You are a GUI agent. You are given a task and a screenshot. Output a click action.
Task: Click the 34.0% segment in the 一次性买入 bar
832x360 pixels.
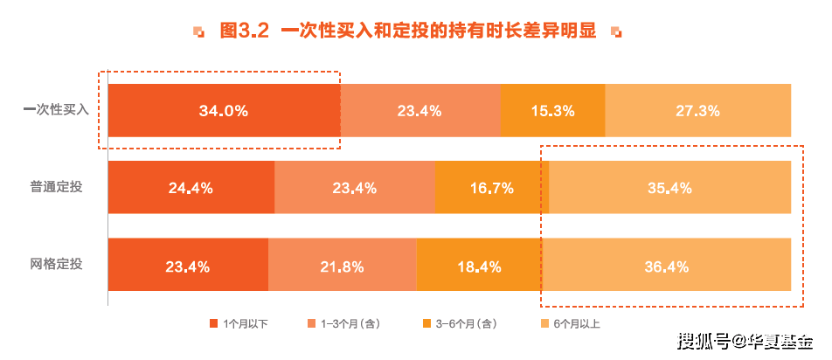(x=224, y=111)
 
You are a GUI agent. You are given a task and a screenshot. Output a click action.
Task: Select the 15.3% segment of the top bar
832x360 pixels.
(x=552, y=111)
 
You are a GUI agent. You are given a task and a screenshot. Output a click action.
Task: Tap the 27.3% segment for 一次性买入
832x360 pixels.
(x=697, y=111)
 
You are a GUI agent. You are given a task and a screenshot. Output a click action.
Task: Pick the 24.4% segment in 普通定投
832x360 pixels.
(x=191, y=187)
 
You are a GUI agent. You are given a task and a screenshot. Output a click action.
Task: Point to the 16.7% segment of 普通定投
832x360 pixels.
(x=491, y=187)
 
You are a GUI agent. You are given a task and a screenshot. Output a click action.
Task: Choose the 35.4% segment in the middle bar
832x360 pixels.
(x=669, y=187)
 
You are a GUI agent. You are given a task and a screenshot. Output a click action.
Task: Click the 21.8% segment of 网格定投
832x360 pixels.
(x=342, y=265)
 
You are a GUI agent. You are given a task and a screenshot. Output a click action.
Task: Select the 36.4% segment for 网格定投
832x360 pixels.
(x=666, y=265)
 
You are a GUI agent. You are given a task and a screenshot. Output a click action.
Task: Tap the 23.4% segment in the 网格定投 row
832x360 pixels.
(x=187, y=265)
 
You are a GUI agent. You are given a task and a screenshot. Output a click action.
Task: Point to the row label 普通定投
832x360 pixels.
(x=56, y=187)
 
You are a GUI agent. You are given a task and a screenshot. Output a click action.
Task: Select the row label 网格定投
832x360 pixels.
(x=56, y=264)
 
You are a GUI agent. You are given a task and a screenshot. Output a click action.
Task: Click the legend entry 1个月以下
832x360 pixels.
(x=239, y=324)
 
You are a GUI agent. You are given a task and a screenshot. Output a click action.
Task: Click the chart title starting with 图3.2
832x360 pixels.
(x=408, y=31)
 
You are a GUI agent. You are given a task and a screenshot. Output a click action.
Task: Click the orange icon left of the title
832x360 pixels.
(x=200, y=32)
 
